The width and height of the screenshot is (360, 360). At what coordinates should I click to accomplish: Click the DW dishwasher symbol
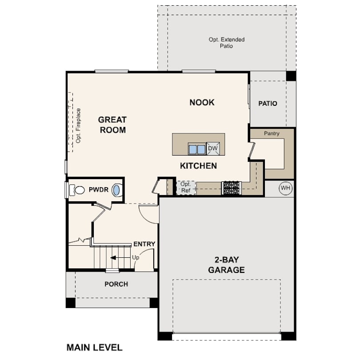coord(213,148)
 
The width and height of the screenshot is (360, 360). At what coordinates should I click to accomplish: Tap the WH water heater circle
coord(285,188)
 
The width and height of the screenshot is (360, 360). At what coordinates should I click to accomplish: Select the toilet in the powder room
coord(77,190)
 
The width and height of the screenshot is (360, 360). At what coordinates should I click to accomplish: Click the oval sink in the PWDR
coord(116,190)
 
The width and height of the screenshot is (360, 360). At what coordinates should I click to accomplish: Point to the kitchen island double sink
coord(197,149)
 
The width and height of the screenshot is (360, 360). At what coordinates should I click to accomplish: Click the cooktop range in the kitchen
coord(232,188)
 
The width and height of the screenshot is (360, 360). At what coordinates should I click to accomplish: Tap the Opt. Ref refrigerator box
coord(186,188)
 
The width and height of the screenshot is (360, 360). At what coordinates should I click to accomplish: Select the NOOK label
coord(202,102)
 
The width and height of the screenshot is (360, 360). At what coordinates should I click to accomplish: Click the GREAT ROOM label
coord(112,125)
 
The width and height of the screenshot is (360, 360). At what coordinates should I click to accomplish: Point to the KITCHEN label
coord(198,166)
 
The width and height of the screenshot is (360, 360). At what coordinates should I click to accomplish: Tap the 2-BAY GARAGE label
coord(226,265)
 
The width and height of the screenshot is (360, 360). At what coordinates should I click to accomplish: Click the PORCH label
coord(116,284)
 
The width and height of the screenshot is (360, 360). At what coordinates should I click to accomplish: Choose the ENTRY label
coord(144,244)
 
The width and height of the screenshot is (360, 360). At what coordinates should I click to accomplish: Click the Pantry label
coord(272,133)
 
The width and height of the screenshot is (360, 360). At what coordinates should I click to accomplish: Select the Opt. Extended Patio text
coord(227,43)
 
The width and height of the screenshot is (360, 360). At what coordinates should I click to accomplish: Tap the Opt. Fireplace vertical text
coord(78,126)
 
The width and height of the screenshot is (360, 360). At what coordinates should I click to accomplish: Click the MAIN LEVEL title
coord(95,348)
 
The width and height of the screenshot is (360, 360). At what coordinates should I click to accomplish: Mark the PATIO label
coord(268,104)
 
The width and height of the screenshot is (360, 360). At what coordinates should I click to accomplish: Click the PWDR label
coord(99,190)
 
